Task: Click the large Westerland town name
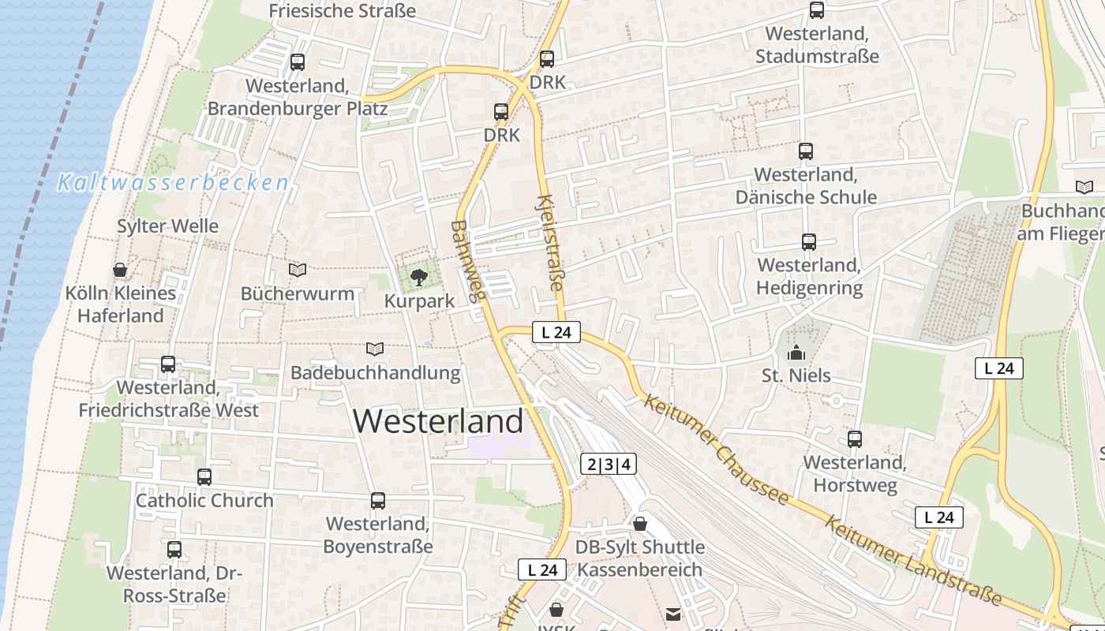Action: (438, 421)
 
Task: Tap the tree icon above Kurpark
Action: (419, 277)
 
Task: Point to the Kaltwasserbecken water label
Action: (174, 183)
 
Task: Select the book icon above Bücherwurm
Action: (298, 271)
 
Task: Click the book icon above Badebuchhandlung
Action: (375, 349)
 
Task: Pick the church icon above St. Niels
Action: (796, 352)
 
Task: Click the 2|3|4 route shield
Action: (609, 464)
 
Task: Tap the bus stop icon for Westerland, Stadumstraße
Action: (817, 10)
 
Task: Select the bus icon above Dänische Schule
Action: (806, 151)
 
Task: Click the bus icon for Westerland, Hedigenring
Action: (809, 242)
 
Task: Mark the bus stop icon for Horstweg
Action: (855, 439)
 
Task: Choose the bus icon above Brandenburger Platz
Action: (298, 62)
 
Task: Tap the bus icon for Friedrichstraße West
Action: (168, 364)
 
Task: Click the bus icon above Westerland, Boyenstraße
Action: (378, 501)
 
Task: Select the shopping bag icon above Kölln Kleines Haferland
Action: (120, 271)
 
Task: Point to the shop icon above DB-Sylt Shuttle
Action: (640, 524)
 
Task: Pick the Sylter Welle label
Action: (167, 226)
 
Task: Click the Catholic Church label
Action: (204, 500)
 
